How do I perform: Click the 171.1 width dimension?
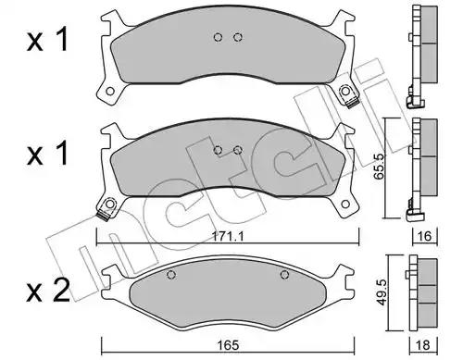click(228, 237)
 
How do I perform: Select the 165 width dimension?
click(228, 345)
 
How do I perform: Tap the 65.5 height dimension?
click(379, 167)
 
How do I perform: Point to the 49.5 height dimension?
click(382, 292)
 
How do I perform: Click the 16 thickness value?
click(425, 236)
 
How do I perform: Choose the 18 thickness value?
click(423, 345)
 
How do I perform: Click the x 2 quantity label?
click(48, 292)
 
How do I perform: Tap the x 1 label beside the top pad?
click(47, 39)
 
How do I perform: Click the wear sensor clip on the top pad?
click(351, 104)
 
